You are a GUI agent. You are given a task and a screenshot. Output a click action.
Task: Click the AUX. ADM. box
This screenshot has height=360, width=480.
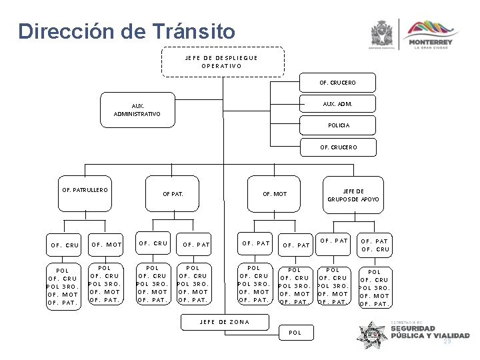tap(337, 104)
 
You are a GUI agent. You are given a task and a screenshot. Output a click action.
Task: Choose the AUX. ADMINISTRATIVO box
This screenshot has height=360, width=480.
tap(137, 110)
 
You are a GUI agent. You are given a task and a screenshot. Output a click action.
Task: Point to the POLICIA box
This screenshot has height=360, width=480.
tap(338, 125)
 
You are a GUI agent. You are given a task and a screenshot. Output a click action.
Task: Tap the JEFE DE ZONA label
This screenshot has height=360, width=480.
tap(225, 322)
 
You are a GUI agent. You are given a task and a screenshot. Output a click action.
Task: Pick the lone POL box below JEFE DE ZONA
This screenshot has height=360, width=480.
tap(295, 331)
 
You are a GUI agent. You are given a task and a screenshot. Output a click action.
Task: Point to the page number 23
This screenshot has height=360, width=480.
tap(447, 341)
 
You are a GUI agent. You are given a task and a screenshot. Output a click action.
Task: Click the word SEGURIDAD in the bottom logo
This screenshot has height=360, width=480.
tap(414, 329)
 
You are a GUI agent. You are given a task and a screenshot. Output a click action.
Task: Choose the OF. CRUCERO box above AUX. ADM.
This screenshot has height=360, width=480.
tap(338, 83)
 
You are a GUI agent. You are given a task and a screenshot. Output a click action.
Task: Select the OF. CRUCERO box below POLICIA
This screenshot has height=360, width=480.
tap(338, 147)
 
